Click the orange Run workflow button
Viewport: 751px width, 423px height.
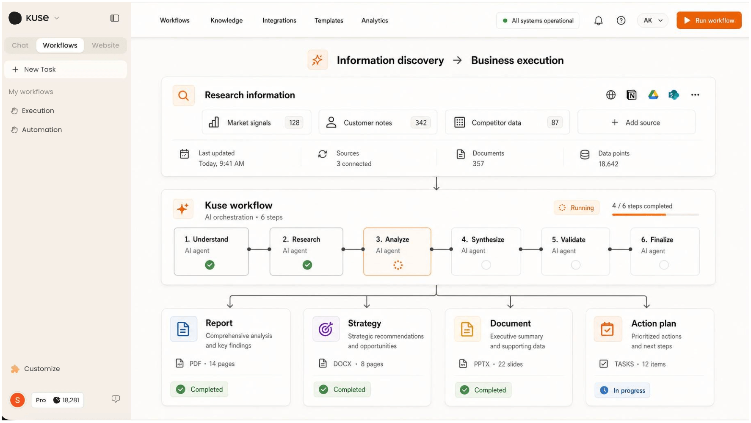(709, 20)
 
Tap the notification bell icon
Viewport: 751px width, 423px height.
(598, 20)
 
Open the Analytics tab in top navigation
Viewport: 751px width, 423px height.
(375, 20)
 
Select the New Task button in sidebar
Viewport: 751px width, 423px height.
(66, 69)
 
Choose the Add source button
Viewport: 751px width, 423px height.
(636, 122)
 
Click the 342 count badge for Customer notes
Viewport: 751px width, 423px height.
(421, 122)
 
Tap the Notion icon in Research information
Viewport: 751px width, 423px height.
(631, 95)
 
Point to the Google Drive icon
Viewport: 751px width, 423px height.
(653, 95)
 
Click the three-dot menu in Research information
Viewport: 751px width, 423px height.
(695, 95)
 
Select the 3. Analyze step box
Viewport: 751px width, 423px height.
(397, 252)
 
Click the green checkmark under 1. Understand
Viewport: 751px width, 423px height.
(210, 265)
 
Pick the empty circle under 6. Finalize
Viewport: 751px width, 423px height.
(664, 265)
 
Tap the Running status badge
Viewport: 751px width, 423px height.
(576, 208)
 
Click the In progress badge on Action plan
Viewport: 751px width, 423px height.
(622, 390)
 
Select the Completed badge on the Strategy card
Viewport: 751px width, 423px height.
(342, 390)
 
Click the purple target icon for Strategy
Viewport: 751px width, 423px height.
(326, 329)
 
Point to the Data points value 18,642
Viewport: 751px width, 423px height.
(608, 164)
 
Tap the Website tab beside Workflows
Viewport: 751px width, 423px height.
(105, 45)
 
